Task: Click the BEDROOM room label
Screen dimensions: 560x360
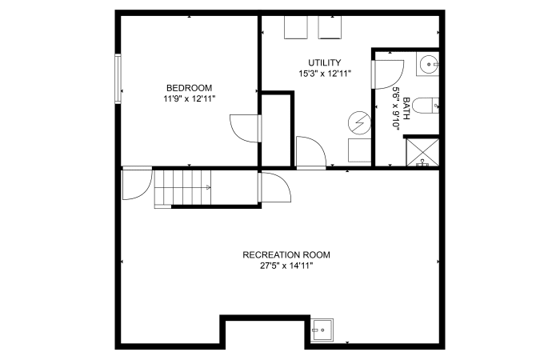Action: [189, 88]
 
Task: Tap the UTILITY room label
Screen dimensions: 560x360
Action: [324, 63]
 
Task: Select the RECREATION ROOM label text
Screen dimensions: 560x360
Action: [286, 255]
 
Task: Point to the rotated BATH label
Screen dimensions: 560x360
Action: [406, 109]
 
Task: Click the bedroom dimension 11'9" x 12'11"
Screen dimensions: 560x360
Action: [190, 99]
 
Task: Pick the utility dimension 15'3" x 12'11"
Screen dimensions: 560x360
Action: [325, 74]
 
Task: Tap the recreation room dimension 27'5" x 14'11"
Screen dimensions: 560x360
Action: [286, 266]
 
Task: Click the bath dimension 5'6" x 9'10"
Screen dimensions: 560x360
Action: [396, 109]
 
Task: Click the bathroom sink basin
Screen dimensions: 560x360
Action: [427, 64]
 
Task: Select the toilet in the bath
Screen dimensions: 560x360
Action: [426, 106]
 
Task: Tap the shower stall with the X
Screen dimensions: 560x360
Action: [423, 153]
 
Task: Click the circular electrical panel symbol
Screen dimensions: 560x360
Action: [359, 123]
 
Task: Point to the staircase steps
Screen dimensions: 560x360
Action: [182, 187]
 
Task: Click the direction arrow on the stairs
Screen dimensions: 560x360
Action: [208, 187]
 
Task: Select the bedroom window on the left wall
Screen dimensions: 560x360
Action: [118, 78]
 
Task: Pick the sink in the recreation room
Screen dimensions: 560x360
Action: [322, 330]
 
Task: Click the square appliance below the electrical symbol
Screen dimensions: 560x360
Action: [360, 150]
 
